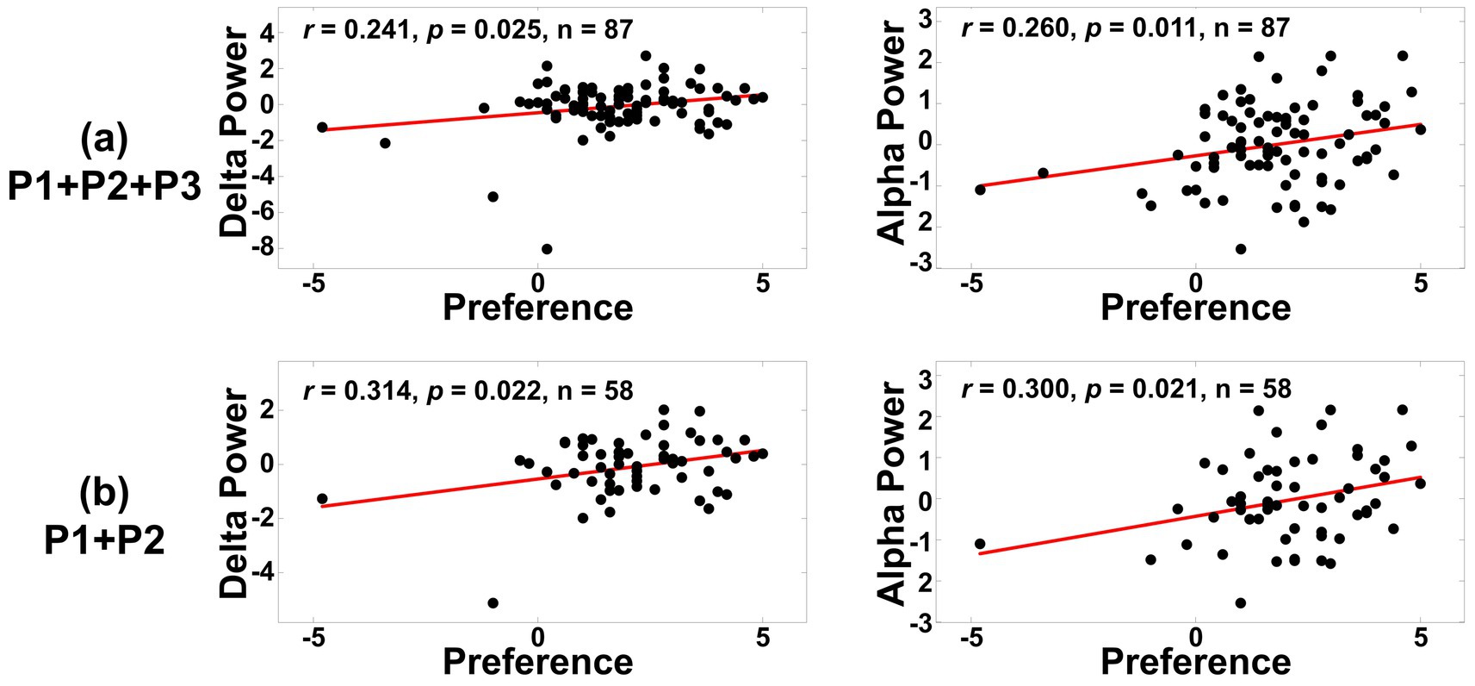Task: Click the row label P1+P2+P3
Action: click(x=104, y=185)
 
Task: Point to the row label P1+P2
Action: click(x=104, y=540)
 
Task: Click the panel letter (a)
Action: click(x=104, y=138)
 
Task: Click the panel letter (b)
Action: click(x=104, y=492)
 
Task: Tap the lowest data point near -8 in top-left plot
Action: click(x=547, y=249)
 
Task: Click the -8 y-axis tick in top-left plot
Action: click(x=263, y=248)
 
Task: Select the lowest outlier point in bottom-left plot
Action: click(x=493, y=602)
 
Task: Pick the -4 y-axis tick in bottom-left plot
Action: click(x=263, y=573)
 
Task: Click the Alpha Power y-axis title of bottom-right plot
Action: click(x=891, y=493)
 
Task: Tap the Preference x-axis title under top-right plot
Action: click(x=1195, y=308)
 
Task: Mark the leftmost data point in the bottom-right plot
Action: click(x=979, y=544)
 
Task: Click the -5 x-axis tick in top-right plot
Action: click(x=970, y=283)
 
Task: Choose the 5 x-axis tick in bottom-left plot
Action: click(x=762, y=638)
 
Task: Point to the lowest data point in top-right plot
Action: click(x=1241, y=249)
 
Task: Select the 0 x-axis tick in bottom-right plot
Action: click(x=1195, y=638)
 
